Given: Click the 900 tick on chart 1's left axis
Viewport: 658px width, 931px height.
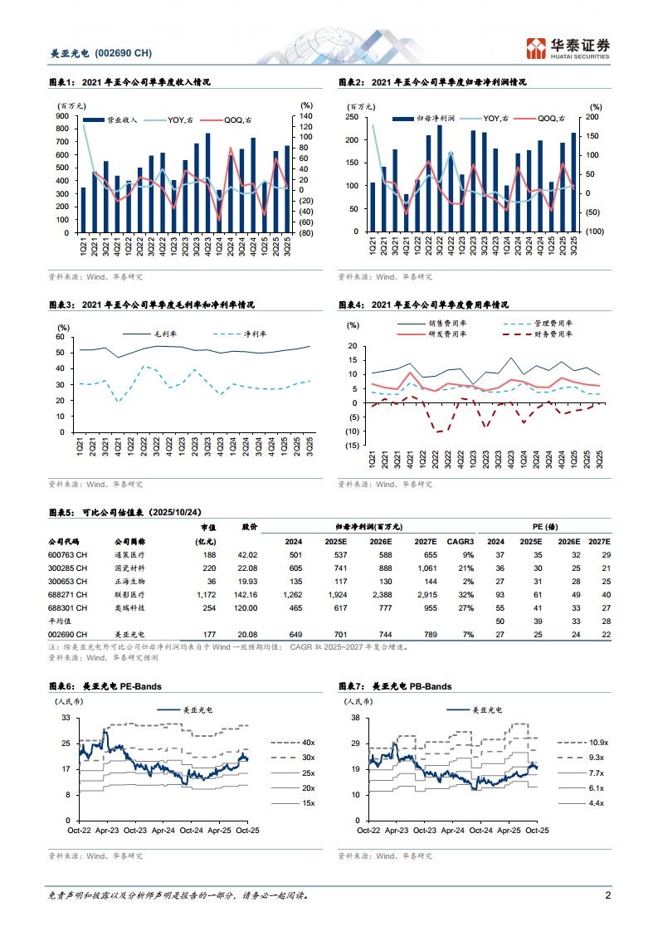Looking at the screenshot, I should pyautogui.click(x=63, y=117).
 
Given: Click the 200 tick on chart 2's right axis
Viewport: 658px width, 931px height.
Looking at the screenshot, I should pyautogui.click(x=592, y=117).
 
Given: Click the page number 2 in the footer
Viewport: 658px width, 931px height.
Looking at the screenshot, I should pyautogui.click(x=607, y=896).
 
